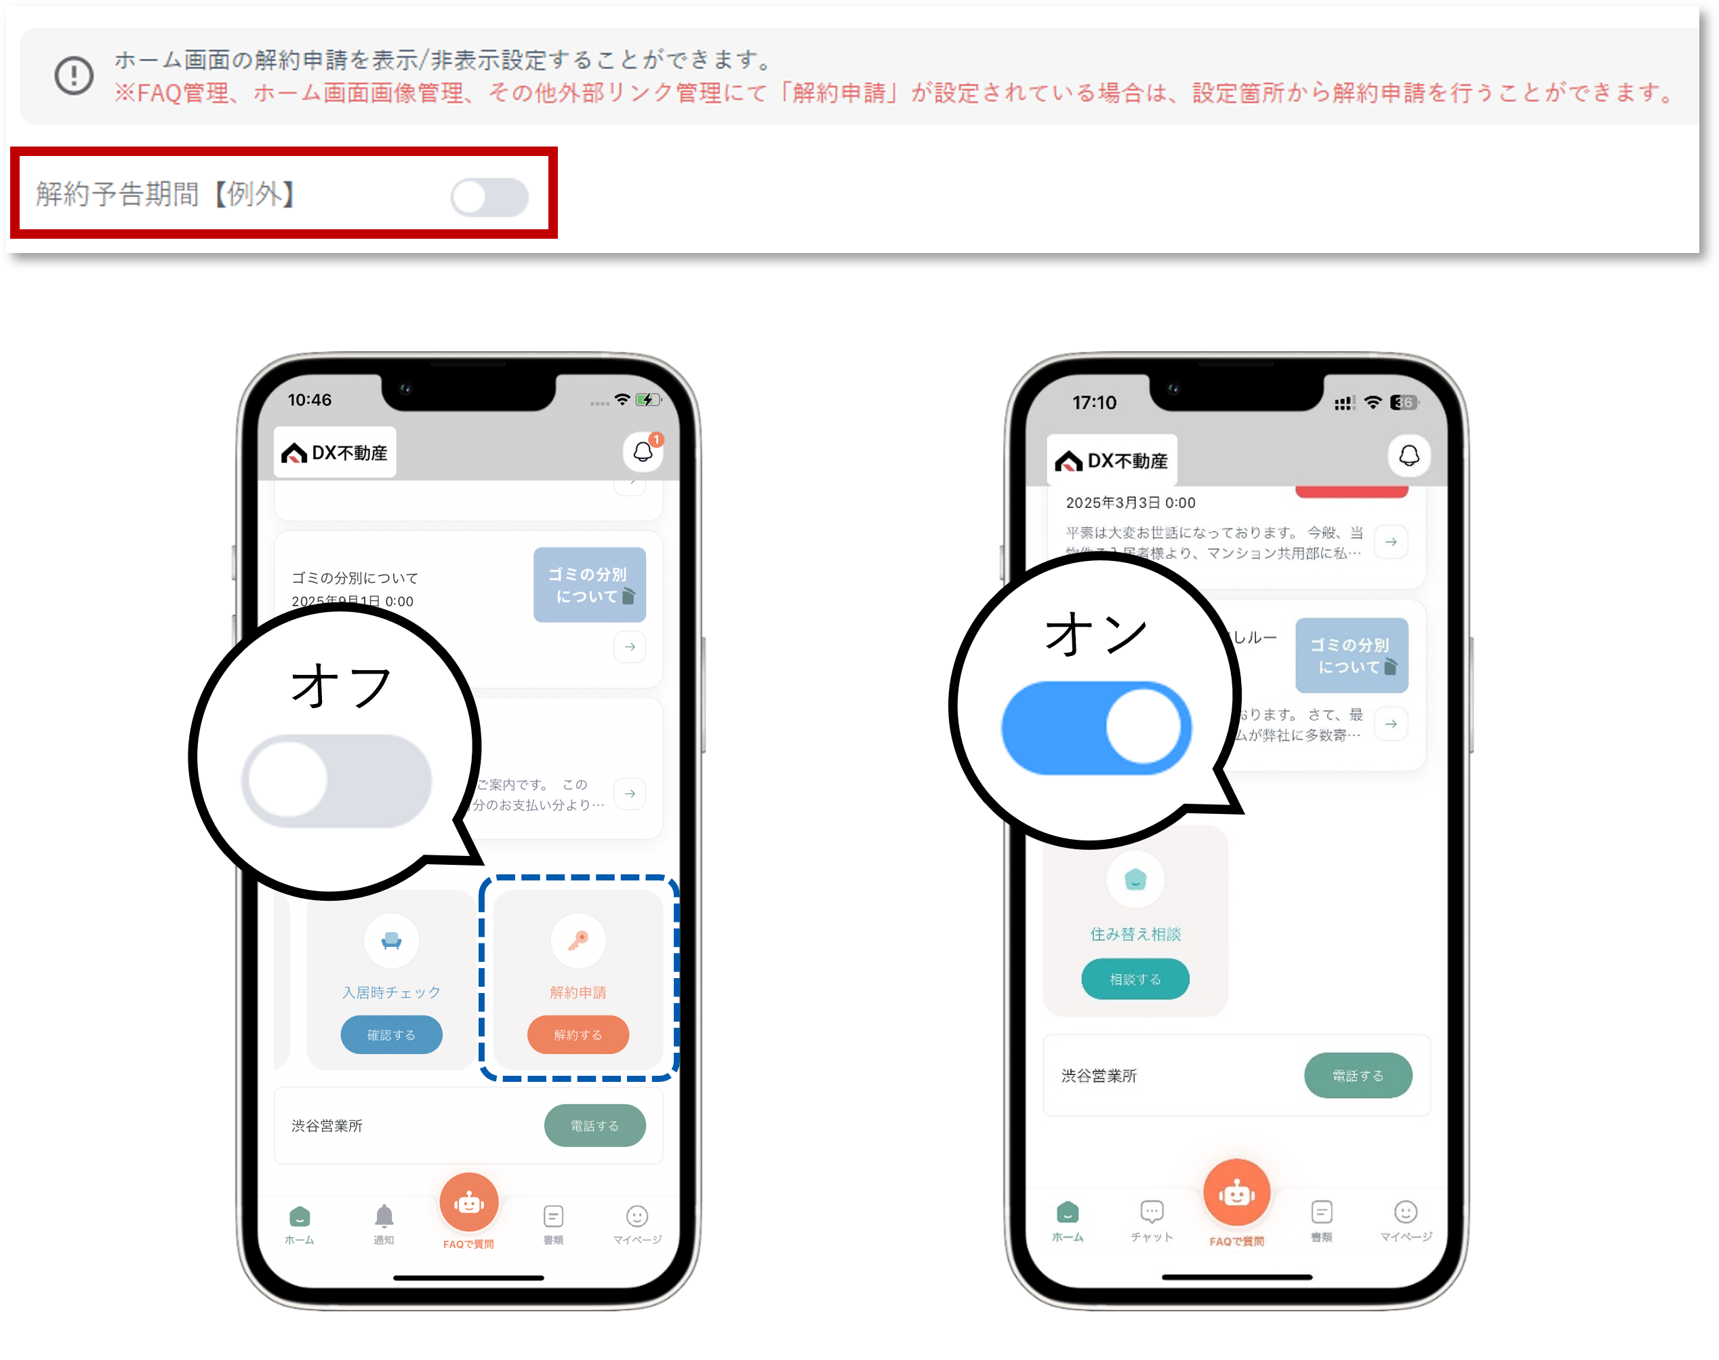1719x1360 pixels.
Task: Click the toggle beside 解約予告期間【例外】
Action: click(x=489, y=197)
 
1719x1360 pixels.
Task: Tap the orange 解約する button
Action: click(x=578, y=1034)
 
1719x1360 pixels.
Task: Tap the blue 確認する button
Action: click(x=390, y=1034)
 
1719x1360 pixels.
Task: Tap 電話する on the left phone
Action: click(x=594, y=1125)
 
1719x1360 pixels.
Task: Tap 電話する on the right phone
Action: click(x=1358, y=1075)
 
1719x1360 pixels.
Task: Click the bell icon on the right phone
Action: click(x=1409, y=455)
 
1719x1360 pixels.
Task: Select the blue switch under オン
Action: click(x=1096, y=727)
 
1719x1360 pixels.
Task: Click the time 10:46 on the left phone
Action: click(x=310, y=400)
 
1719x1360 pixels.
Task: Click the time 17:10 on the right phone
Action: click(x=1094, y=402)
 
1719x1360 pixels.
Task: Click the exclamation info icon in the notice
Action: click(x=74, y=76)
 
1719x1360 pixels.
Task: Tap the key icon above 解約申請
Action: click(x=578, y=940)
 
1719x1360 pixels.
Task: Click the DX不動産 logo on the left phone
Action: click(x=335, y=452)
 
